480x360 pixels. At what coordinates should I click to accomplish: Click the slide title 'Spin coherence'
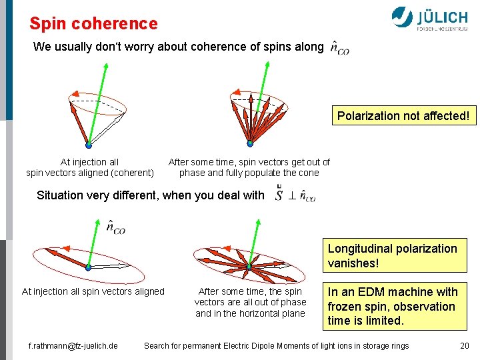pyautogui.click(x=93, y=24)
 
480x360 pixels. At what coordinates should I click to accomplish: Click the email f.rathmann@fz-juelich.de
pyautogui.click(x=73, y=345)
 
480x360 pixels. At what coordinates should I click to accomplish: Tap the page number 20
pyautogui.click(x=464, y=345)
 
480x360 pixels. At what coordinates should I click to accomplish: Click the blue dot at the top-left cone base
pyautogui.click(x=89, y=144)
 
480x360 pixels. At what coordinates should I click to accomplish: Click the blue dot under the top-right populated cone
pyautogui.click(x=250, y=143)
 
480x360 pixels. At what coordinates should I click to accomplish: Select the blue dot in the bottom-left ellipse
pyautogui.click(x=88, y=267)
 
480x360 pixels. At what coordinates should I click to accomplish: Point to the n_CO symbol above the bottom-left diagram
pyautogui.click(x=115, y=227)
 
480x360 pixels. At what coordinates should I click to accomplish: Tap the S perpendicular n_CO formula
pyautogui.click(x=295, y=195)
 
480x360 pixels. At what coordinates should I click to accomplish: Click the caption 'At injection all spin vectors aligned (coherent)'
pyautogui.click(x=90, y=167)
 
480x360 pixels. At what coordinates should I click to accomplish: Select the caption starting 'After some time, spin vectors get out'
pyautogui.click(x=249, y=167)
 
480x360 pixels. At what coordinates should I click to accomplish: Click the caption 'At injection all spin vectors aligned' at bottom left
pyautogui.click(x=93, y=291)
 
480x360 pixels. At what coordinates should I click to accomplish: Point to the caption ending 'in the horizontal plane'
pyautogui.click(x=250, y=303)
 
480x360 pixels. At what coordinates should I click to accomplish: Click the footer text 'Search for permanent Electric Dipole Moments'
pyautogui.click(x=277, y=345)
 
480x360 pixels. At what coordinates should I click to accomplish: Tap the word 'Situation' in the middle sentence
pyautogui.click(x=60, y=195)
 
